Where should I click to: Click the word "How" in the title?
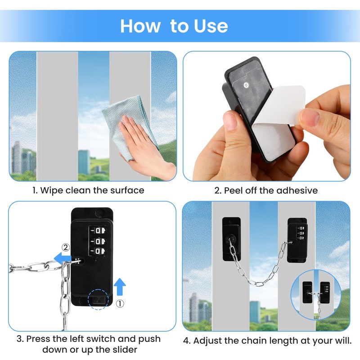tap(140, 26)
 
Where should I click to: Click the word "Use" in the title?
tap(211, 26)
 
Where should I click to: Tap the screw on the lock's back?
tap(247, 84)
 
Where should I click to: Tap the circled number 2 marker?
tap(65, 247)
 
